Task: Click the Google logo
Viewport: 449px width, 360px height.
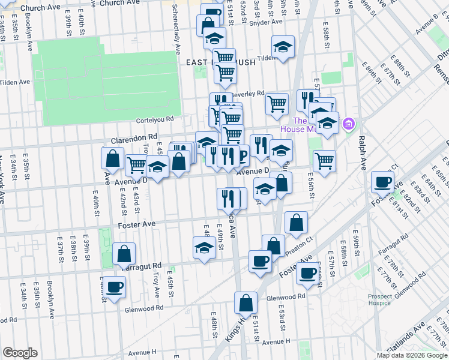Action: pyautogui.click(x=19, y=353)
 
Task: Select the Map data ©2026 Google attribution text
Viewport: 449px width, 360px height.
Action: pyautogui.click(x=412, y=355)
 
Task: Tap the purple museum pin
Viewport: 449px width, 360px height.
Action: pyautogui.click(x=347, y=125)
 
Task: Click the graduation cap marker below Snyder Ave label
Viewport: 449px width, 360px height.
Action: pyautogui.click(x=214, y=39)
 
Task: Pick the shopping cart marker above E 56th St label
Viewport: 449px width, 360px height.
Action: pyautogui.click(x=324, y=160)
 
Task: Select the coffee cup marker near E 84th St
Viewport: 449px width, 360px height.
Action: pyautogui.click(x=382, y=181)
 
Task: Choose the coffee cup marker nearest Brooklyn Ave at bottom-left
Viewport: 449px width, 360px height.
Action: pyautogui.click(x=114, y=286)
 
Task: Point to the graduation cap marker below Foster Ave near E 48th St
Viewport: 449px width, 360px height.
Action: pyautogui.click(x=204, y=247)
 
